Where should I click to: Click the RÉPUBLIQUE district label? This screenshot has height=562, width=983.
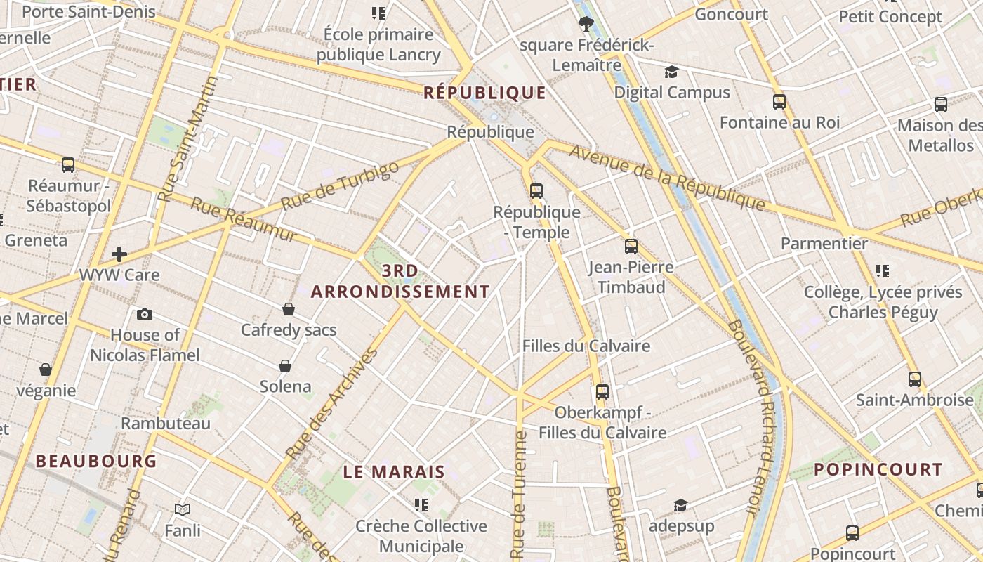(x=484, y=93)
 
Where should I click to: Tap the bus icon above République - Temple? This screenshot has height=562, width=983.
(x=536, y=190)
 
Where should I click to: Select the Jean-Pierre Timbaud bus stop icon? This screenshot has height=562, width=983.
(x=631, y=247)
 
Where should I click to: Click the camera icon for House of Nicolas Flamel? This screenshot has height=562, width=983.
(x=145, y=314)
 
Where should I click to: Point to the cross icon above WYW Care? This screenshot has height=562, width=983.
(x=119, y=254)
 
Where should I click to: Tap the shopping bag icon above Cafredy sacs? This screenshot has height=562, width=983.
(x=288, y=309)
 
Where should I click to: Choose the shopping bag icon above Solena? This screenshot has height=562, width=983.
(x=285, y=366)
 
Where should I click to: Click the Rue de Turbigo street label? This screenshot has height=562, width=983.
(x=340, y=185)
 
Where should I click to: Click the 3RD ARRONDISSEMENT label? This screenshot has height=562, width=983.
(x=400, y=281)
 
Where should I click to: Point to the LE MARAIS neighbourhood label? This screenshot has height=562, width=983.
(x=394, y=472)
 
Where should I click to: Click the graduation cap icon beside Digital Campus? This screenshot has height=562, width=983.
(x=672, y=72)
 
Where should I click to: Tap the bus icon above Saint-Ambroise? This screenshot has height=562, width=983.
(x=915, y=379)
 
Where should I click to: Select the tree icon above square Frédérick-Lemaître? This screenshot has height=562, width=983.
(x=586, y=25)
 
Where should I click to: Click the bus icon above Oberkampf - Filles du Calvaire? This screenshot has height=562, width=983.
(x=602, y=392)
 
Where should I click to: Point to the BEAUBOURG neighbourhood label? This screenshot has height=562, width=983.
(x=96, y=462)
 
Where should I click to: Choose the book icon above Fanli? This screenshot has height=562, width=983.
(x=183, y=509)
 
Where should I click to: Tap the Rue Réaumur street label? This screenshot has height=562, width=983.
(x=244, y=221)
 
